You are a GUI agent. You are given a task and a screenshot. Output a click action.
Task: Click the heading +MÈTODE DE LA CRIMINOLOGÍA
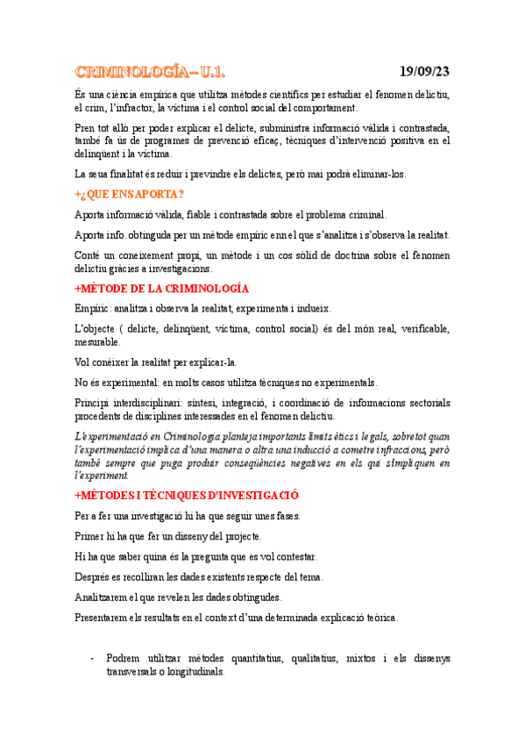tap(162, 289)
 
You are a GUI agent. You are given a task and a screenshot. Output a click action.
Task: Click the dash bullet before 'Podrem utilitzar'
tap(93, 658)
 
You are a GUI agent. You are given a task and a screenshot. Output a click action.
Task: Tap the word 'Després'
tap(95, 576)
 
